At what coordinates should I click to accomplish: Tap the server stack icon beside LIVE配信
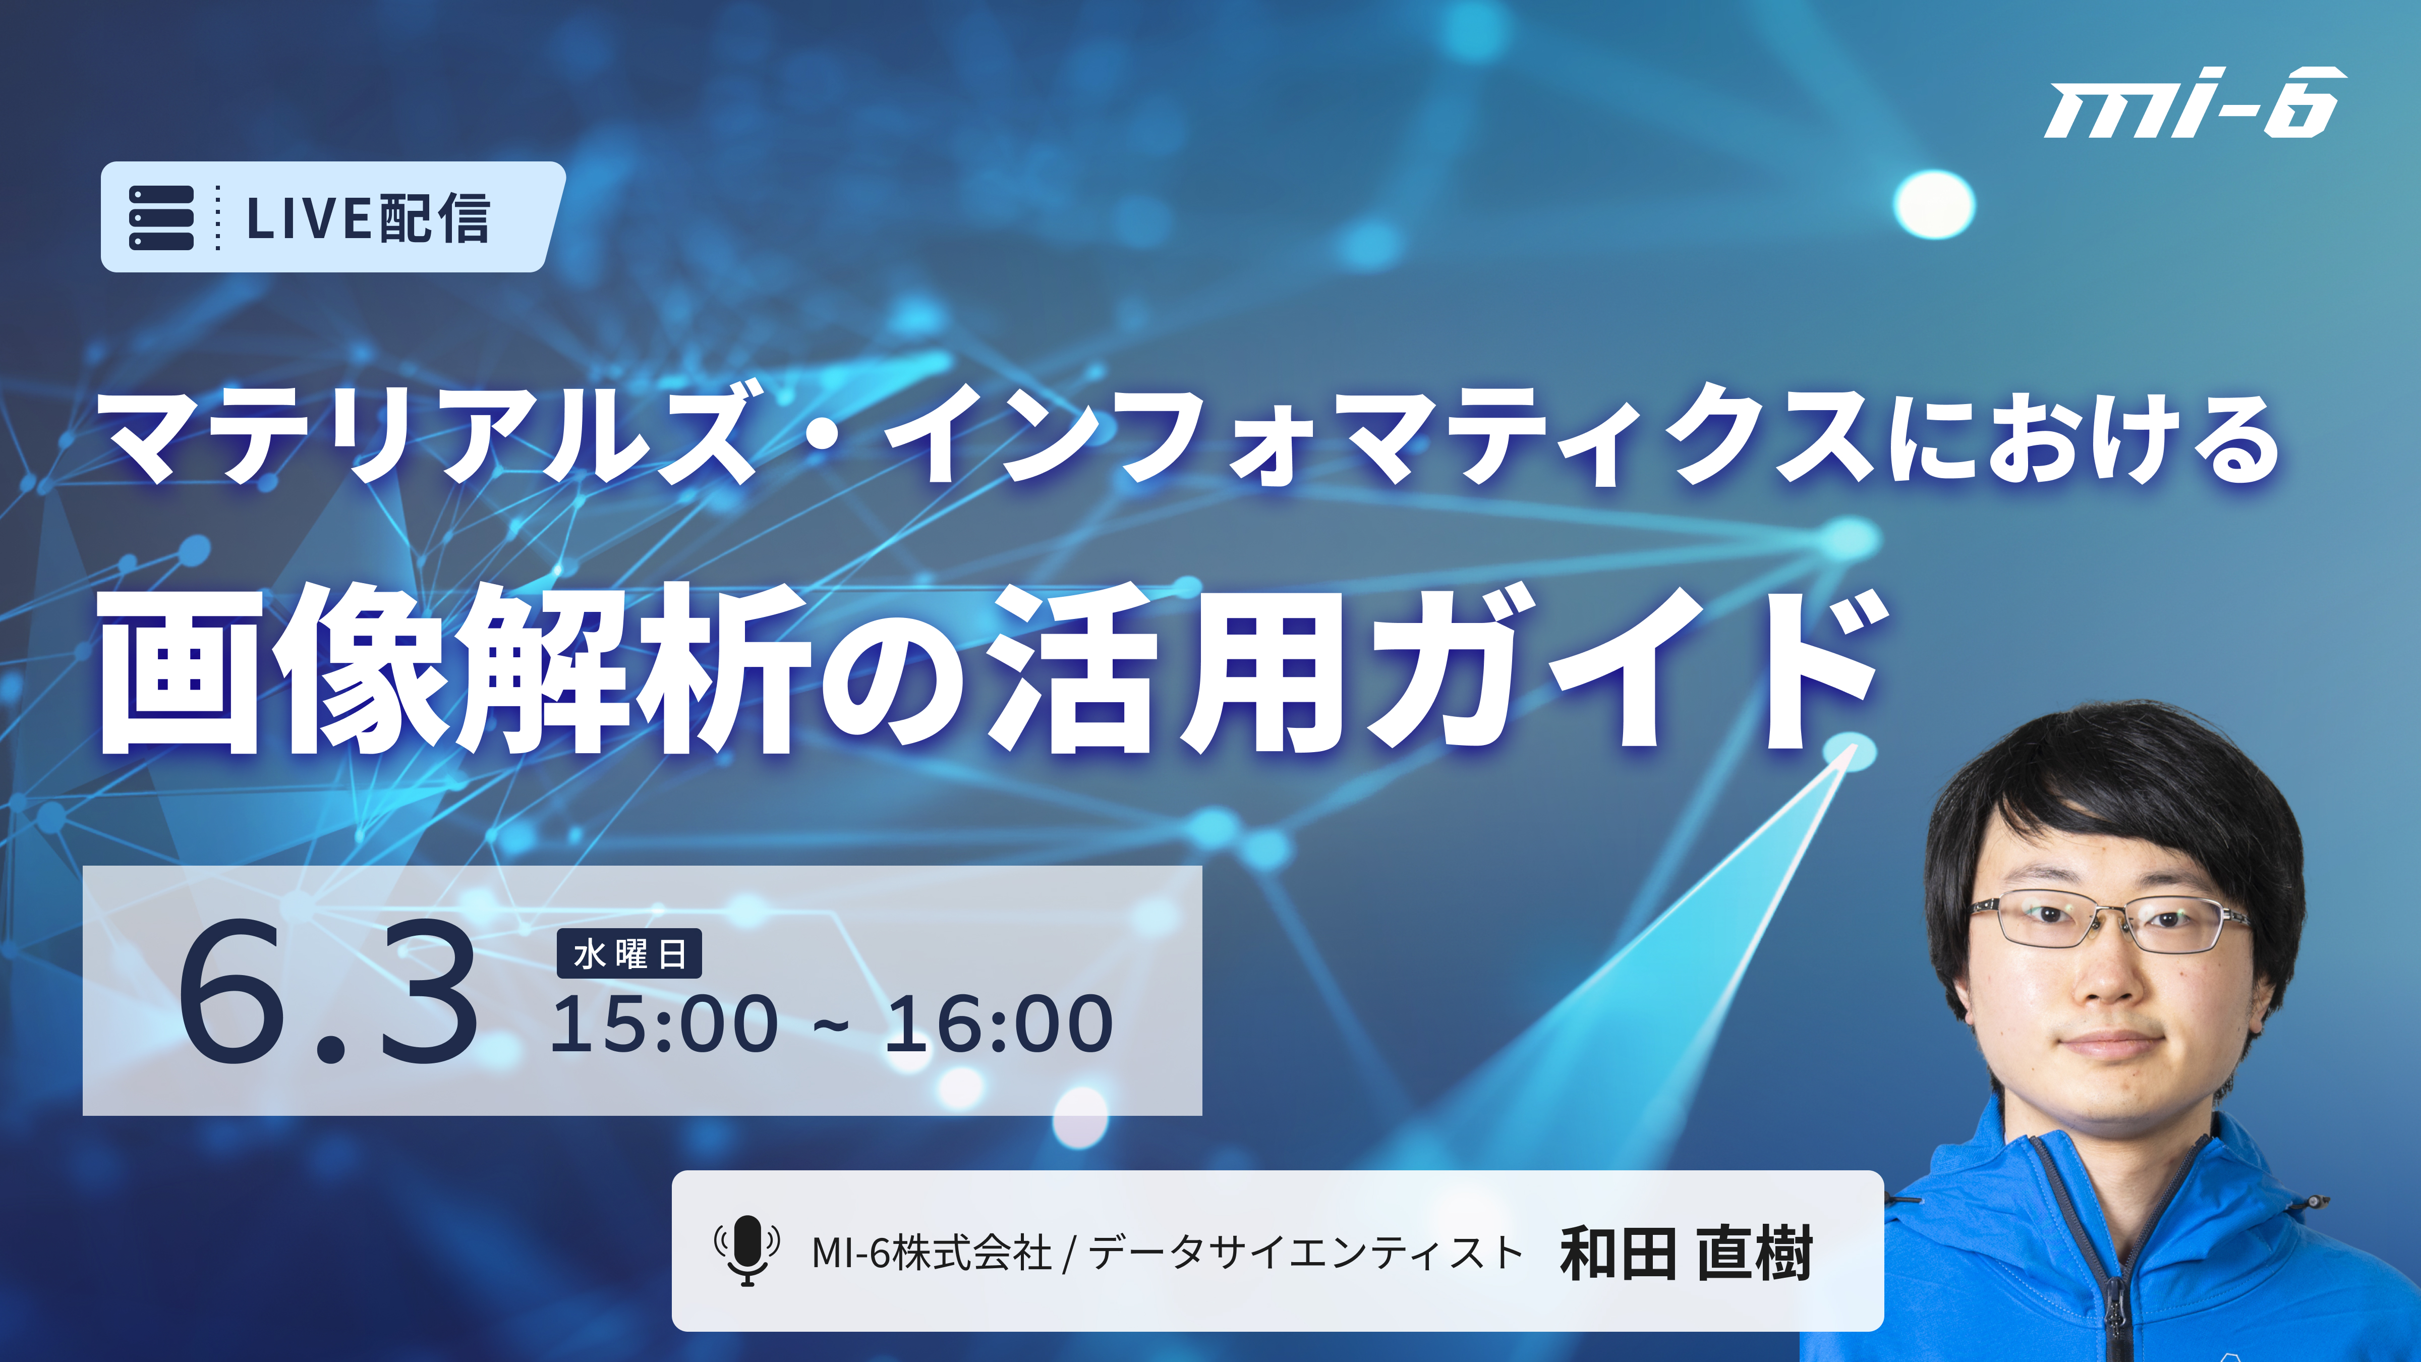tap(161, 217)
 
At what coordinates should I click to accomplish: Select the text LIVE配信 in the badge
tap(368, 218)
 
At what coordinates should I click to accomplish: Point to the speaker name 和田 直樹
tap(1685, 1253)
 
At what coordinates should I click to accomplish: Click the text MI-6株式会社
tap(932, 1253)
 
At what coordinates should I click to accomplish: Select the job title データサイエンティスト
tap(1304, 1253)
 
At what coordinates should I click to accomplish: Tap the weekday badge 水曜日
tap(629, 954)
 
